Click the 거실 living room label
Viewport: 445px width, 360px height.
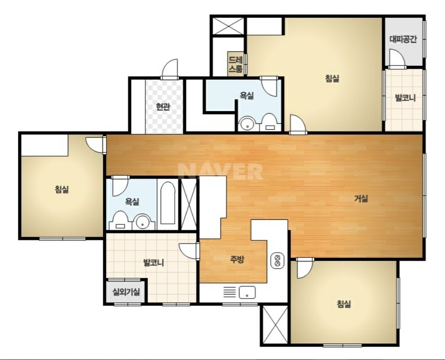(x=361, y=199)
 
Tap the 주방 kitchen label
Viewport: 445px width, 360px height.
(x=237, y=259)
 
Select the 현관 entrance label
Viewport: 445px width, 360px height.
(x=163, y=107)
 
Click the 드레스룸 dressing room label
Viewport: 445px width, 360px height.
(x=236, y=65)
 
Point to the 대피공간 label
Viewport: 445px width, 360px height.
(x=403, y=39)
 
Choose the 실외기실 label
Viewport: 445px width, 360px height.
(x=126, y=292)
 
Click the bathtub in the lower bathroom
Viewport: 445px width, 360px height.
(x=167, y=203)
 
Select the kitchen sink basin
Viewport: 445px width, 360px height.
(x=247, y=292)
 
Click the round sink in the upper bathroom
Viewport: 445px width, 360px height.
(x=246, y=124)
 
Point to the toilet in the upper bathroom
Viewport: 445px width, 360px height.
(x=268, y=122)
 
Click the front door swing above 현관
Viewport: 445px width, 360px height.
(x=170, y=69)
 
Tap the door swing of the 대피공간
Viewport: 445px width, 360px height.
(x=397, y=59)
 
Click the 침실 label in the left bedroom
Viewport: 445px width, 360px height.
(x=62, y=189)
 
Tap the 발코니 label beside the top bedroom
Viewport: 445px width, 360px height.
(x=405, y=98)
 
